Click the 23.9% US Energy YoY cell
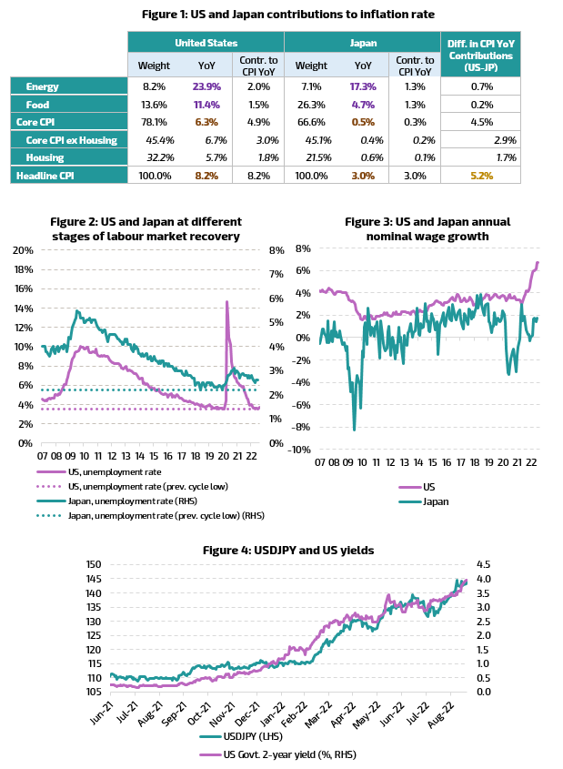point(206,86)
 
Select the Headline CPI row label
point(45,176)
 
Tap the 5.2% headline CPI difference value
point(482,176)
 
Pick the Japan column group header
point(363,43)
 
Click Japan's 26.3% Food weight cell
point(311,105)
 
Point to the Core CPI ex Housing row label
point(72,140)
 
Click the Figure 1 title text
point(288,15)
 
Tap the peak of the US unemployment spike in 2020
point(226,301)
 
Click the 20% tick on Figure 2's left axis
point(23,250)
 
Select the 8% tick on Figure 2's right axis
point(276,250)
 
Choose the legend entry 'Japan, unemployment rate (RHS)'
point(133,501)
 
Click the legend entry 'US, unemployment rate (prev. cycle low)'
point(148,487)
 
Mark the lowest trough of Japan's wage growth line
point(355,430)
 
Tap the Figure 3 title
point(427,229)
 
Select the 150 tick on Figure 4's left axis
point(94,564)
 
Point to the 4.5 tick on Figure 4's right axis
point(483,564)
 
